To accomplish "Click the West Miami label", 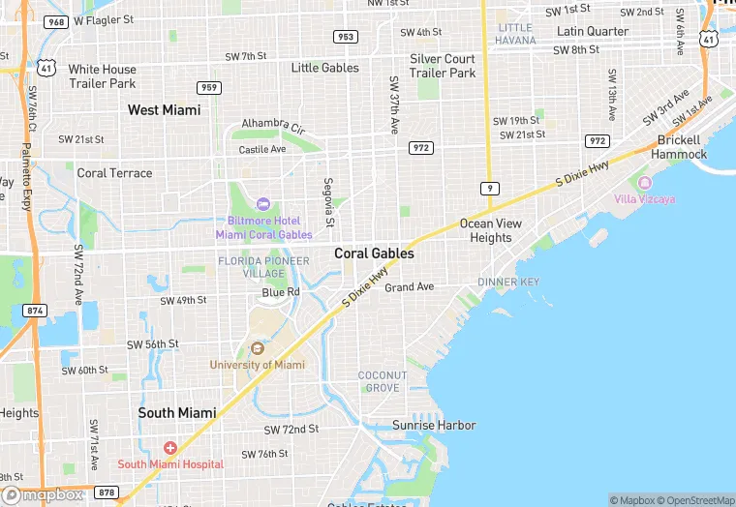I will click(164, 110).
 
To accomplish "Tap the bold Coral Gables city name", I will click(374, 253).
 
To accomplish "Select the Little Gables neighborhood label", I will click(324, 68).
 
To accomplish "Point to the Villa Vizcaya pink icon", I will click(645, 183).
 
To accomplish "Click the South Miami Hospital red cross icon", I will click(170, 448).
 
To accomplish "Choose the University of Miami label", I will click(257, 365).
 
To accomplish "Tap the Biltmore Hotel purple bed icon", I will click(262, 204).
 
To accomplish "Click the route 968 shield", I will click(56, 21).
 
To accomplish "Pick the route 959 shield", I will click(208, 88).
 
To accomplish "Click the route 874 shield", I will click(36, 311).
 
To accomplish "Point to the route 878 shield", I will click(107, 492).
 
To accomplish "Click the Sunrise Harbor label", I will click(434, 425).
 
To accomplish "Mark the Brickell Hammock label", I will click(679, 147).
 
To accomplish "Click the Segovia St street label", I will click(329, 202).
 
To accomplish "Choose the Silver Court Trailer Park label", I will click(443, 66).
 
